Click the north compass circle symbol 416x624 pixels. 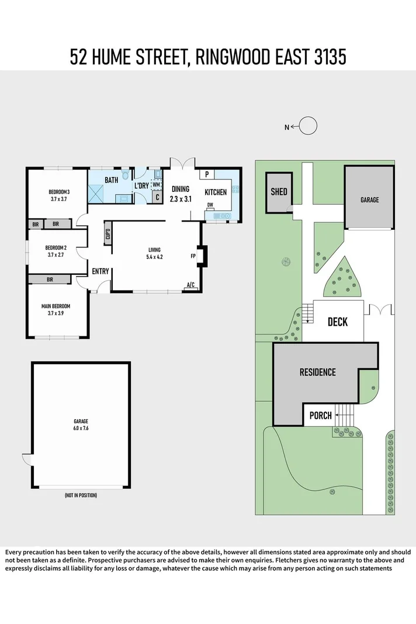308,126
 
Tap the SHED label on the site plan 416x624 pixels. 279,192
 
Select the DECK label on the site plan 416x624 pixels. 337,322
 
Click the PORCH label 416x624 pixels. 320,416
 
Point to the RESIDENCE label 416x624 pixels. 317,372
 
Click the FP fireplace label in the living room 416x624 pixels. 193,256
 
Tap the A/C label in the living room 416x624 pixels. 190,285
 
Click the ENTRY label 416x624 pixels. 100,271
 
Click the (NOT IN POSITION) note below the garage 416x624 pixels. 81,495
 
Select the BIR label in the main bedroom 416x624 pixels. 50,280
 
